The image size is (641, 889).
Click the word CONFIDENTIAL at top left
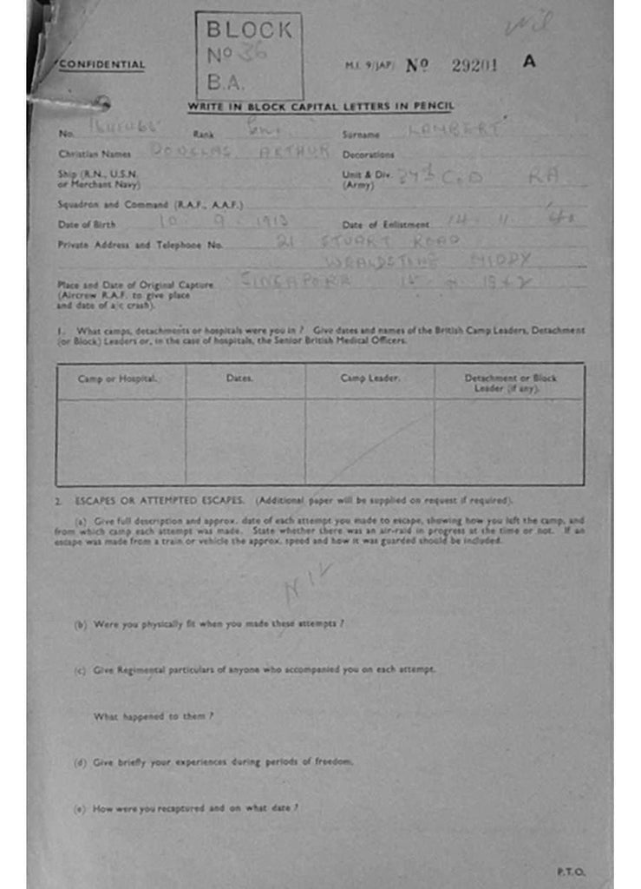(101, 64)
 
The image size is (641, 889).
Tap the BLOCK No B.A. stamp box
(249, 56)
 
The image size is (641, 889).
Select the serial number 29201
(474, 65)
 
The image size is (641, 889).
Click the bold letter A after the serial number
(529, 63)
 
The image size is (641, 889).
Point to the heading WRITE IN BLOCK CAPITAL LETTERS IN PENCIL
(321, 106)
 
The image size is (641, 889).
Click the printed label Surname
(361, 135)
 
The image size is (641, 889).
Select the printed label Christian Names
(94, 154)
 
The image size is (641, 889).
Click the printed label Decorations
(369, 154)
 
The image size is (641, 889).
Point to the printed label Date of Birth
(86, 224)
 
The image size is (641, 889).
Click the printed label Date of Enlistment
(386, 224)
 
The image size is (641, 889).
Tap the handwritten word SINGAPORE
(293, 280)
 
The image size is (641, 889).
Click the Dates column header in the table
(239, 378)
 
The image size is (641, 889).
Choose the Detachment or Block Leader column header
(511, 383)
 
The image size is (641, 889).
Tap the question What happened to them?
(153, 716)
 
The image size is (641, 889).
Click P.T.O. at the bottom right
(571, 871)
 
